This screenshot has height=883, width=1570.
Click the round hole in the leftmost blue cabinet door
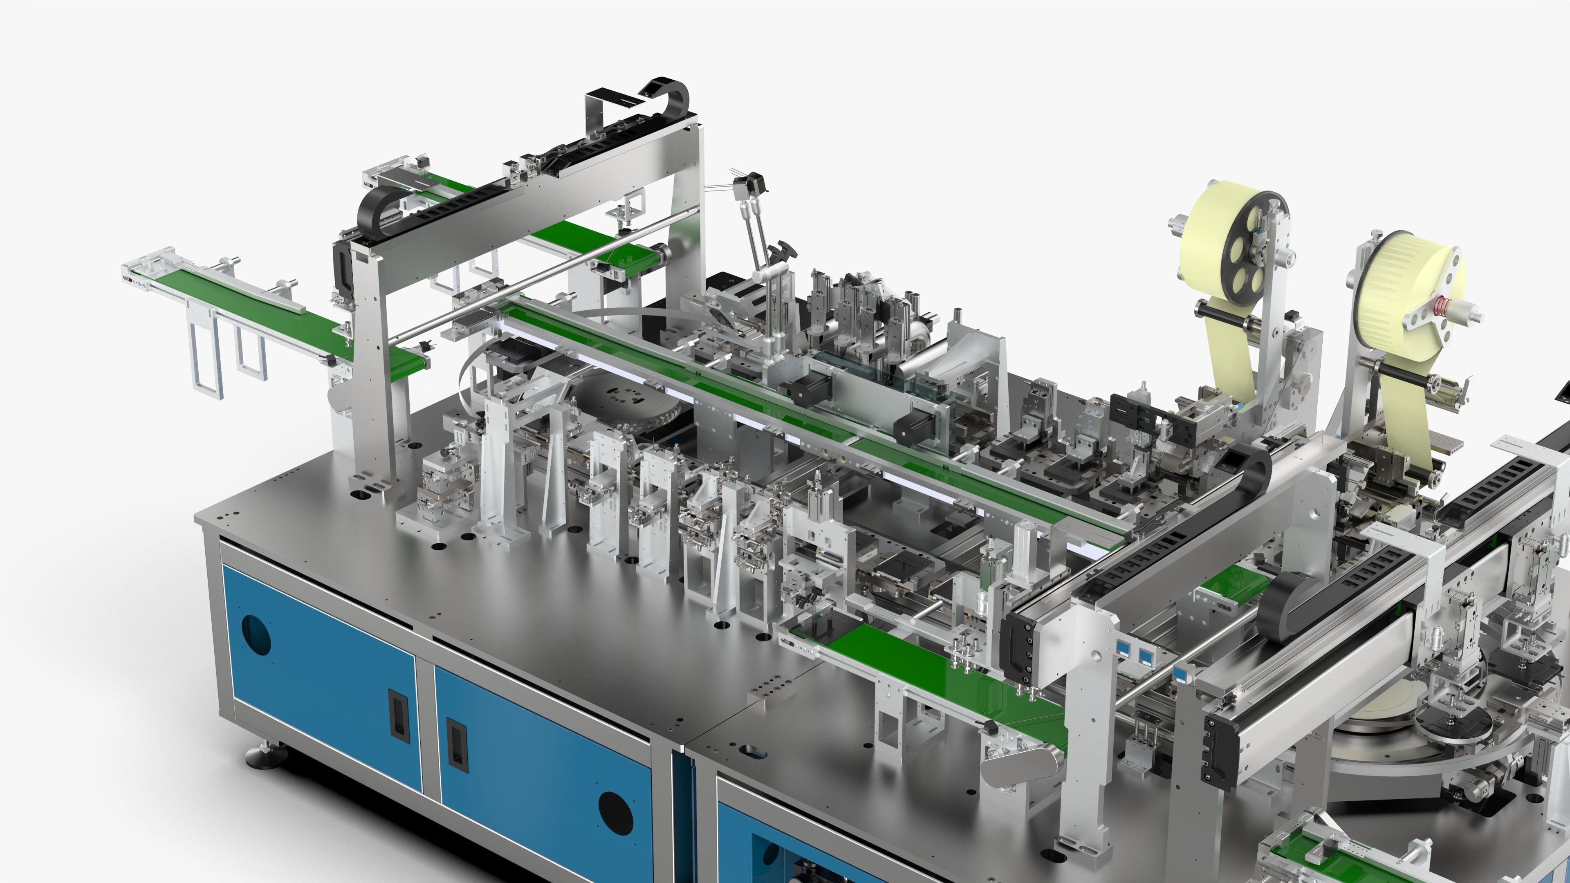point(256,635)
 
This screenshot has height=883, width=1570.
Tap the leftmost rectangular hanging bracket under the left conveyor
point(206,354)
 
